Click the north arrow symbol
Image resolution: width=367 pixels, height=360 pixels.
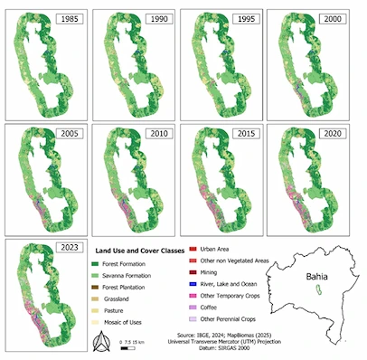[x=99, y=340]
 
